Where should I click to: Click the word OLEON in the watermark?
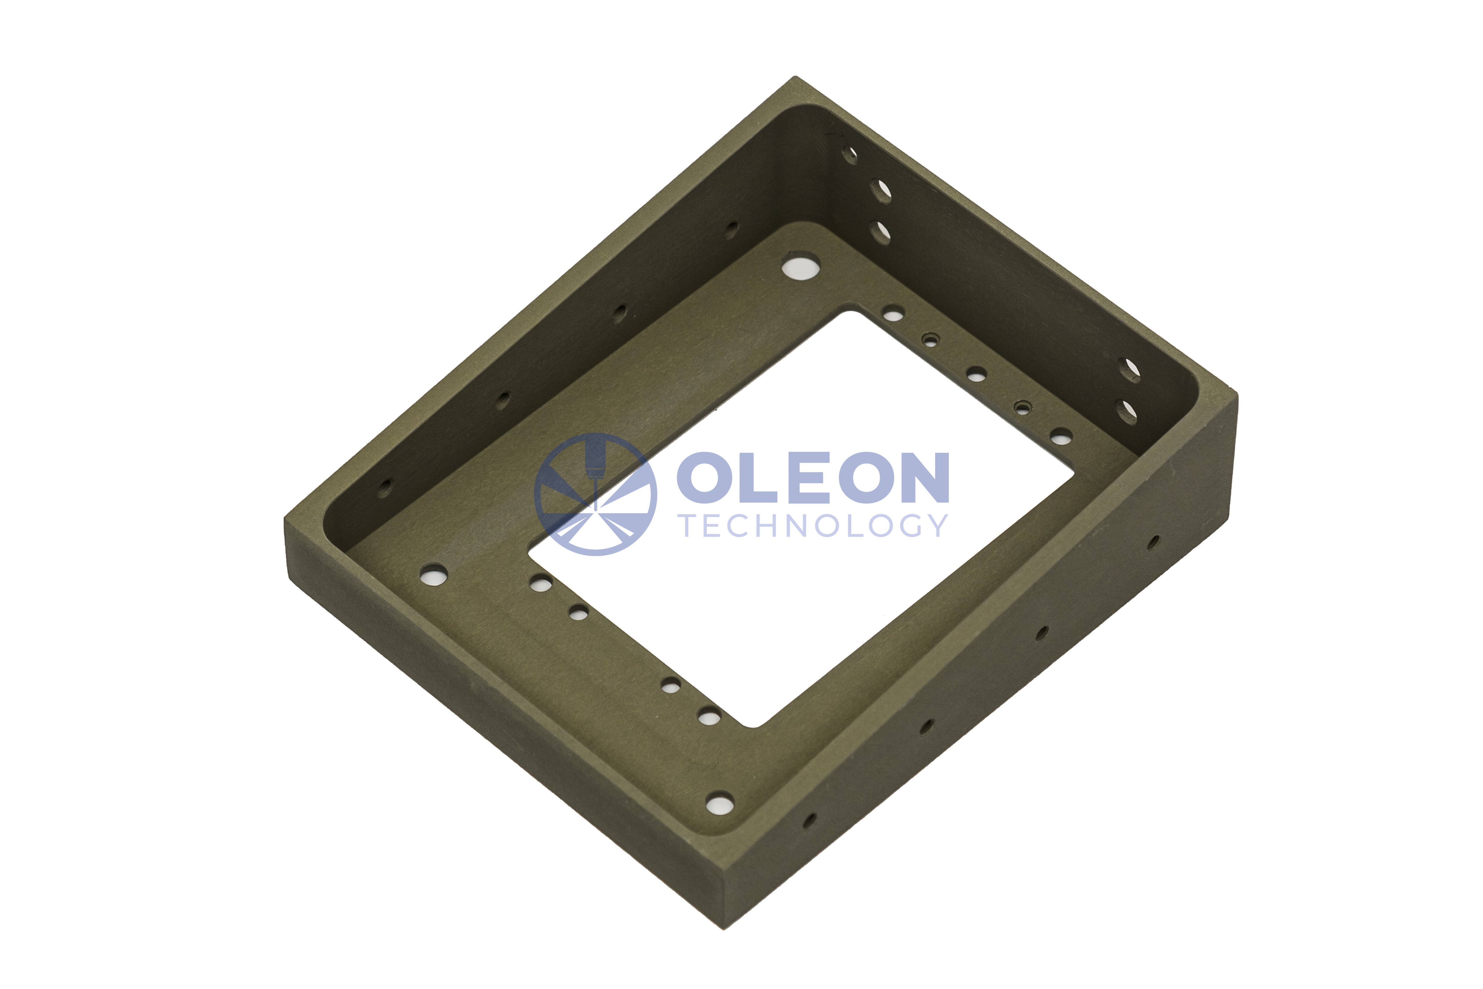click(813, 477)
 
